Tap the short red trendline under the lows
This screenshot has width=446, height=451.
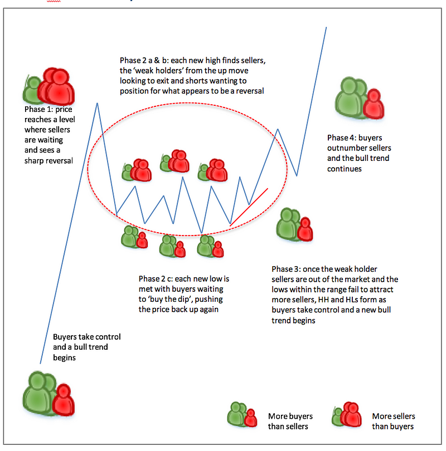[x=249, y=207]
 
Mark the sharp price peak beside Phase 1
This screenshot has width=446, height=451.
[x=98, y=103]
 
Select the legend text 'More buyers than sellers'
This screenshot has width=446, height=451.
[x=290, y=421]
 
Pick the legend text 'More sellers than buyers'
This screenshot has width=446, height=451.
[x=394, y=421]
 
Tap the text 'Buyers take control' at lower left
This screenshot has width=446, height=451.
[x=86, y=337]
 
